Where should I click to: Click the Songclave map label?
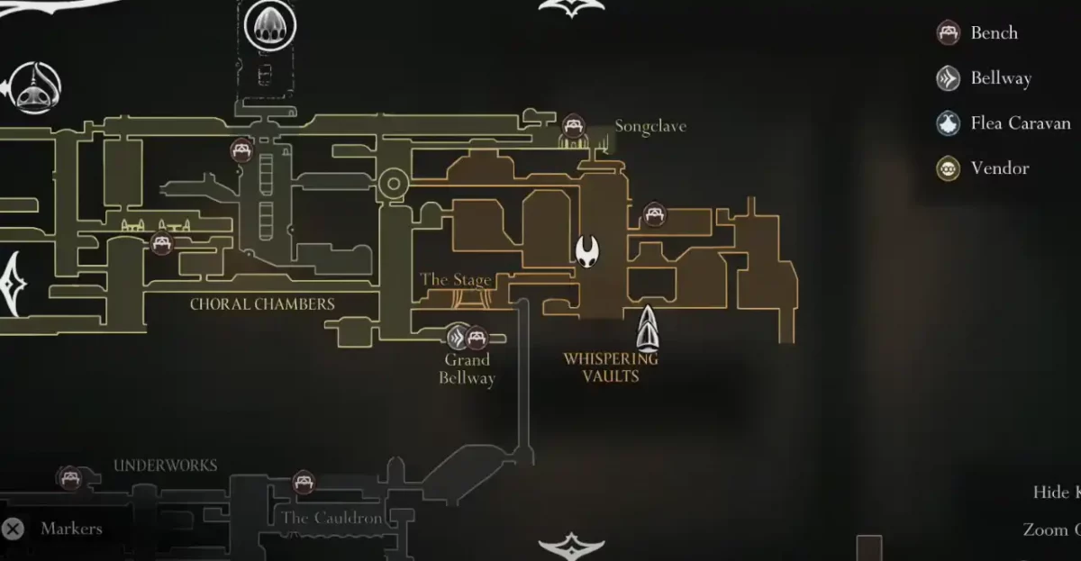click(650, 127)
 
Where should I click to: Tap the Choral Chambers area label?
click(262, 304)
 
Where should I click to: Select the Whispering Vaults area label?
click(611, 367)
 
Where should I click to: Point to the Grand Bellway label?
click(467, 369)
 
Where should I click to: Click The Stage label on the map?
click(456, 280)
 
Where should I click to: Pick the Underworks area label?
click(165, 466)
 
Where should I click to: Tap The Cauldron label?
click(332, 518)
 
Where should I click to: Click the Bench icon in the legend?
click(948, 33)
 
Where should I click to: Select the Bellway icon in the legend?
click(948, 78)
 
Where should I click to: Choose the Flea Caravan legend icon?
click(948, 123)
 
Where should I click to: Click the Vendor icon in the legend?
click(948, 168)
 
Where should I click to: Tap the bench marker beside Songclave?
click(573, 125)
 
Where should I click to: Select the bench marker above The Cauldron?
click(304, 482)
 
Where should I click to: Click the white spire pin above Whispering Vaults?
click(648, 328)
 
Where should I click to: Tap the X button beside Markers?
click(13, 529)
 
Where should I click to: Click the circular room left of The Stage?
click(394, 184)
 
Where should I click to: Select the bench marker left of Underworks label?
click(68, 477)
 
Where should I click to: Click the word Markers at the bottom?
click(71, 529)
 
